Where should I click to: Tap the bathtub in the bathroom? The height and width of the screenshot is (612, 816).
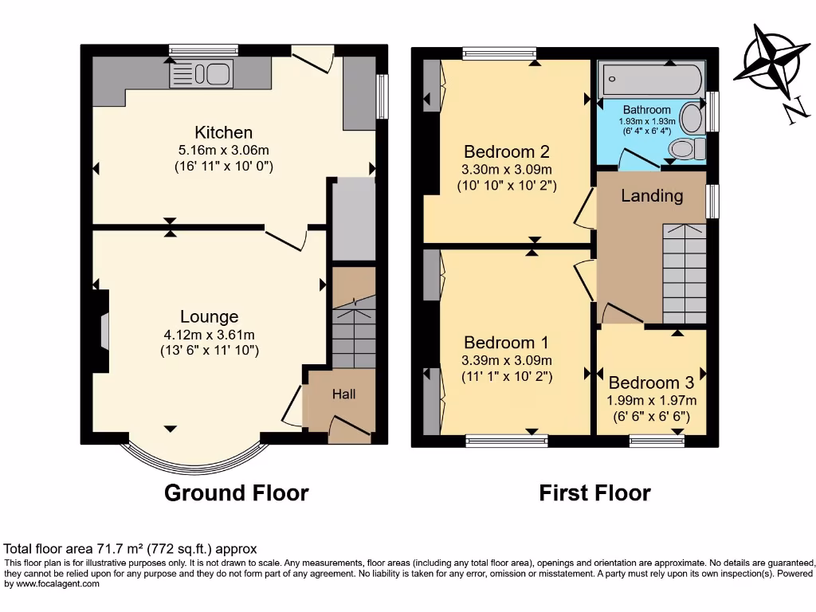tap(653, 80)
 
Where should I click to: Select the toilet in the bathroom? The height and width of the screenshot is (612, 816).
tap(687, 148)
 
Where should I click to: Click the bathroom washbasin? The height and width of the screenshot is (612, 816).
tap(692, 119)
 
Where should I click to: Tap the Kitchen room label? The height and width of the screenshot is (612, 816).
tap(223, 132)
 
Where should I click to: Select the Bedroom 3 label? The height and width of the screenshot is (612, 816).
tap(653, 382)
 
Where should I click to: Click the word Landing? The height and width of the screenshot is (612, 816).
tap(652, 196)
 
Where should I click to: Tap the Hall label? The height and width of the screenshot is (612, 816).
tap(343, 394)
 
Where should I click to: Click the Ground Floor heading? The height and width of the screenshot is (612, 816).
tap(236, 493)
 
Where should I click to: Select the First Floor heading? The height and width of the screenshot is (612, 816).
tap(594, 493)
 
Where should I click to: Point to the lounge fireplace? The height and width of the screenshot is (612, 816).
tap(100, 331)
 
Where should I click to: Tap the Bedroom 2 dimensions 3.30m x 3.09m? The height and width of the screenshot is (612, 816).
tap(506, 169)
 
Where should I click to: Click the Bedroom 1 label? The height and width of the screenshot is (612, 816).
tap(506, 342)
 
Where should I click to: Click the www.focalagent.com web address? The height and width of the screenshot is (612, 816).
tap(53, 584)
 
